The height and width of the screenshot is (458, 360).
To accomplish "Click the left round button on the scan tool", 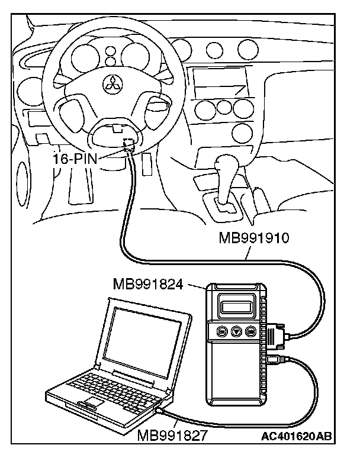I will (223, 332).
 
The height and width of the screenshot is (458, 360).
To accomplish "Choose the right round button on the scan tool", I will (252, 332).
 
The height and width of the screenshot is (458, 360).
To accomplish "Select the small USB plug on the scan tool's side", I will (273, 359).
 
